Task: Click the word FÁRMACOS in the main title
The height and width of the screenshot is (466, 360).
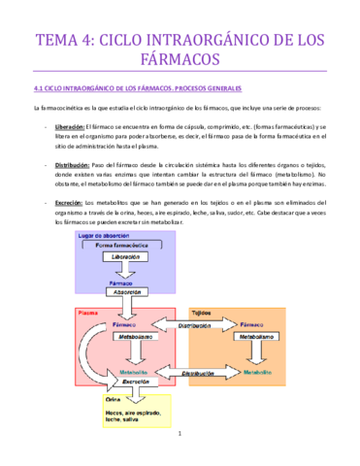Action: [180, 61]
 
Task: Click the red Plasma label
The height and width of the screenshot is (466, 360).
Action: [87, 314]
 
